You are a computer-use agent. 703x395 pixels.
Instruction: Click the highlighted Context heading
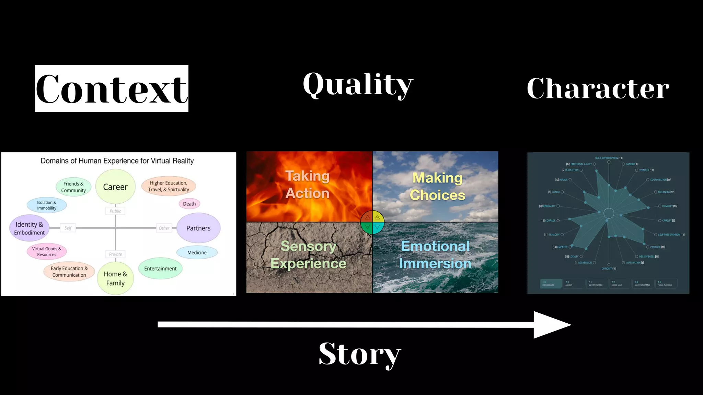112,88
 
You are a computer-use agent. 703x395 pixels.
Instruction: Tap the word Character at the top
598,88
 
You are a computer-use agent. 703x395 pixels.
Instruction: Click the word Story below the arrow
359,354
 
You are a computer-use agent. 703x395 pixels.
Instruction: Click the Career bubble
115,187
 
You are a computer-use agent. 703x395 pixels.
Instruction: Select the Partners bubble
198,228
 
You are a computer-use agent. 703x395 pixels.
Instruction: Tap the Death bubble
189,204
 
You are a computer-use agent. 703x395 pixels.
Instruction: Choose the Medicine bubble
197,252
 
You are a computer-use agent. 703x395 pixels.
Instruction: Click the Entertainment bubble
160,268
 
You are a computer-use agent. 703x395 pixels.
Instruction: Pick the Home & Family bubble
115,278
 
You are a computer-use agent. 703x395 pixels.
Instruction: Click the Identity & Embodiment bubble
29,228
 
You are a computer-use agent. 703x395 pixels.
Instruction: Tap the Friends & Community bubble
73,187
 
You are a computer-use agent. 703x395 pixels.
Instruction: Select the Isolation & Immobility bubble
47,205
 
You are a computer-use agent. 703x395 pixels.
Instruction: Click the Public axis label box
115,211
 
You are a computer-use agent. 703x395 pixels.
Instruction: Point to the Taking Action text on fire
308,184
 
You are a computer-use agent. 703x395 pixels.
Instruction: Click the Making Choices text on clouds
437,186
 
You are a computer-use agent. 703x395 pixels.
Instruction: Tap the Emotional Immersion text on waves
435,255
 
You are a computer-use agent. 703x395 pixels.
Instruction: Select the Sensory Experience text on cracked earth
308,255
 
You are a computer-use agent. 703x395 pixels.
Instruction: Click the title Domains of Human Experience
117,161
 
